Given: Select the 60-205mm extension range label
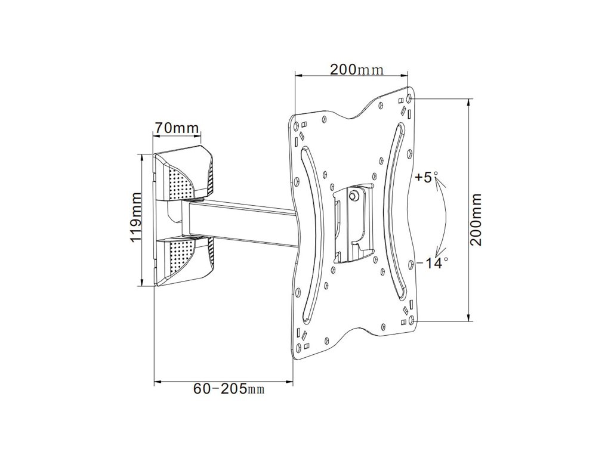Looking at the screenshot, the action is click(x=229, y=389).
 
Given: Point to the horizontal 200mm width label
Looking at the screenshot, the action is click(x=357, y=69).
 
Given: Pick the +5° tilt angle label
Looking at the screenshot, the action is click(x=427, y=177).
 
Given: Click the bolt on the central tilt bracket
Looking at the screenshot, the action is click(x=354, y=195).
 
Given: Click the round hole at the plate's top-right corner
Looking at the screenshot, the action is click(x=408, y=98).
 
